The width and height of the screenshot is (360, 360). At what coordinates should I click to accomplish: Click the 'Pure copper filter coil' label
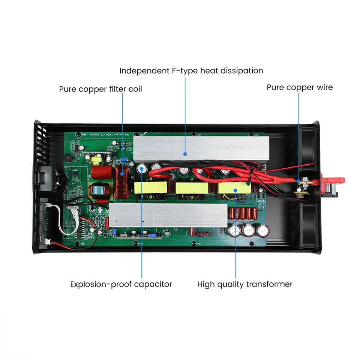(100, 89)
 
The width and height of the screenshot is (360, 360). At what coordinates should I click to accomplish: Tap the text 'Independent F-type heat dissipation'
(191, 70)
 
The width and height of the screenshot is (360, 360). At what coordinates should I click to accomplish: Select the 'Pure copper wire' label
(300, 87)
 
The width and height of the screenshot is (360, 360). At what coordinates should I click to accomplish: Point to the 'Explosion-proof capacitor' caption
(121, 284)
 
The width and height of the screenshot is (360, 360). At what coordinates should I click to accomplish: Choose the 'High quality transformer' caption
(245, 284)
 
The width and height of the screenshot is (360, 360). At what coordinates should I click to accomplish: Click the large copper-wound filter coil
(122, 183)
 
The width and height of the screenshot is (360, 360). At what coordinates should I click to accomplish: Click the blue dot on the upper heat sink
(185, 153)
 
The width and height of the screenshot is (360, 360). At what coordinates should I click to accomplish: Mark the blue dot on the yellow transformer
(235, 190)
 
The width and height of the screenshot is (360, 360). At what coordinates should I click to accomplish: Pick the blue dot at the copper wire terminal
(299, 181)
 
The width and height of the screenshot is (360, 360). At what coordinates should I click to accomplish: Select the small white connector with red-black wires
(48, 242)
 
